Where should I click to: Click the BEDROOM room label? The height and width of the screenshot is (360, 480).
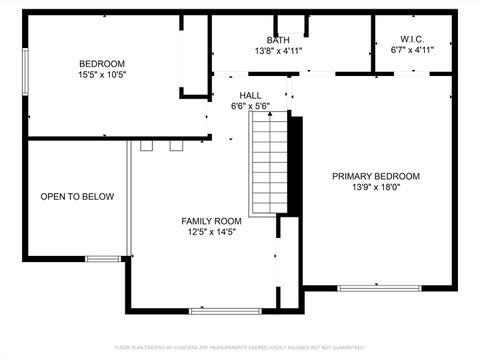pyautogui.click(x=101, y=63)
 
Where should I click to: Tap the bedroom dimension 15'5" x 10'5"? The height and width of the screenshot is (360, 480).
pyautogui.click(x=101, y=74)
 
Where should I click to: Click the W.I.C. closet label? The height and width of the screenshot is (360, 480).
pyautogui.click(x=412, y=39)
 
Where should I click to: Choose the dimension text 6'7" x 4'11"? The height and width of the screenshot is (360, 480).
pyautogui.click(x=412, y=50)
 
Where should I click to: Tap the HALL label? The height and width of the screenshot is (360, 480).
pyautogui.click(x=250, y=95)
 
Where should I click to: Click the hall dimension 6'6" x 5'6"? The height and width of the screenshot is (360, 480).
pyautogui.click(x=250, y=106)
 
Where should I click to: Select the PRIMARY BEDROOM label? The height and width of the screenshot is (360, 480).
pyautogui.click(x=376, y=176)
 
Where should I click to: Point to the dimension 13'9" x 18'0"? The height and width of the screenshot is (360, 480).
pyautogui.click(x=376, y=187)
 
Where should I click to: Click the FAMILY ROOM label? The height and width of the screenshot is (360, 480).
pyautogui.click(x=211, y=221)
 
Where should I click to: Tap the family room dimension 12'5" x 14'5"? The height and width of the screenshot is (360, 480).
pyautogui.click(x=211, y=232)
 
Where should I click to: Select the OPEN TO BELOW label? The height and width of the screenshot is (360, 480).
pyautogui.click(x=77, y=197)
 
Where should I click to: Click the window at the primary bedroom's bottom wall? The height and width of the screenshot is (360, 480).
pyautogui.click(x=365, y=288)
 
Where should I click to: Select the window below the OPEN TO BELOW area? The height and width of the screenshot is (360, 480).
pyautogui.click(x=102, y=259)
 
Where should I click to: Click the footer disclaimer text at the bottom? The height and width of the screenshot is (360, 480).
pyautogui.click(x=240, y=347)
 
